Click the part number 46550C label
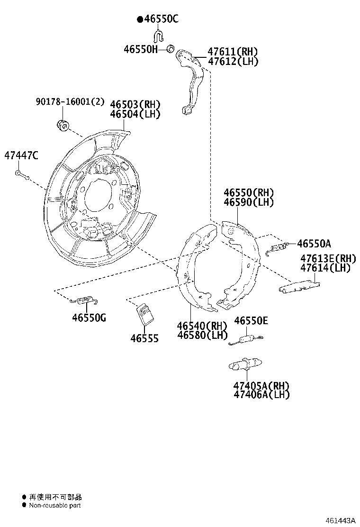[161, 19]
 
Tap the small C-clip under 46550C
[159, 36]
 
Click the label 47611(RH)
[233, 52]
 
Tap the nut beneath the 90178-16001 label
[63, 125]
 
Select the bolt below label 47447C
[21, 175]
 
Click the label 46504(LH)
[135, 114]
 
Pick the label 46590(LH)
[249, 202]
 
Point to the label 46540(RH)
[202, 326]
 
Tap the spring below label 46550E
[245, 339]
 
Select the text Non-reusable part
[55, 506]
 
